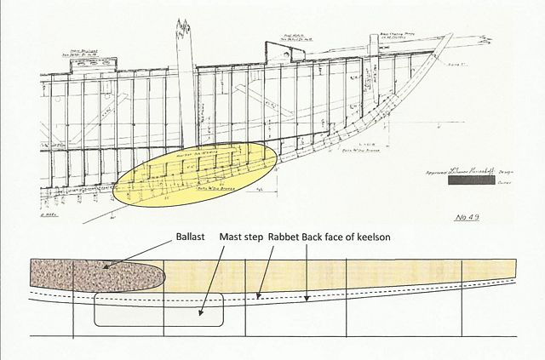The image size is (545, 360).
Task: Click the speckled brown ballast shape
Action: (94, 274)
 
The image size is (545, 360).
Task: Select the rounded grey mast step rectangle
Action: (158, 309)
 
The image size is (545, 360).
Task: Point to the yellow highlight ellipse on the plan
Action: (196, 169)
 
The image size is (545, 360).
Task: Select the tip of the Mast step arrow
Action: (202, 316)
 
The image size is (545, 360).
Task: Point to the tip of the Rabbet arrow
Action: (257, 299)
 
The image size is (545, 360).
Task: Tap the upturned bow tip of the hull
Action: (449, 37)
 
